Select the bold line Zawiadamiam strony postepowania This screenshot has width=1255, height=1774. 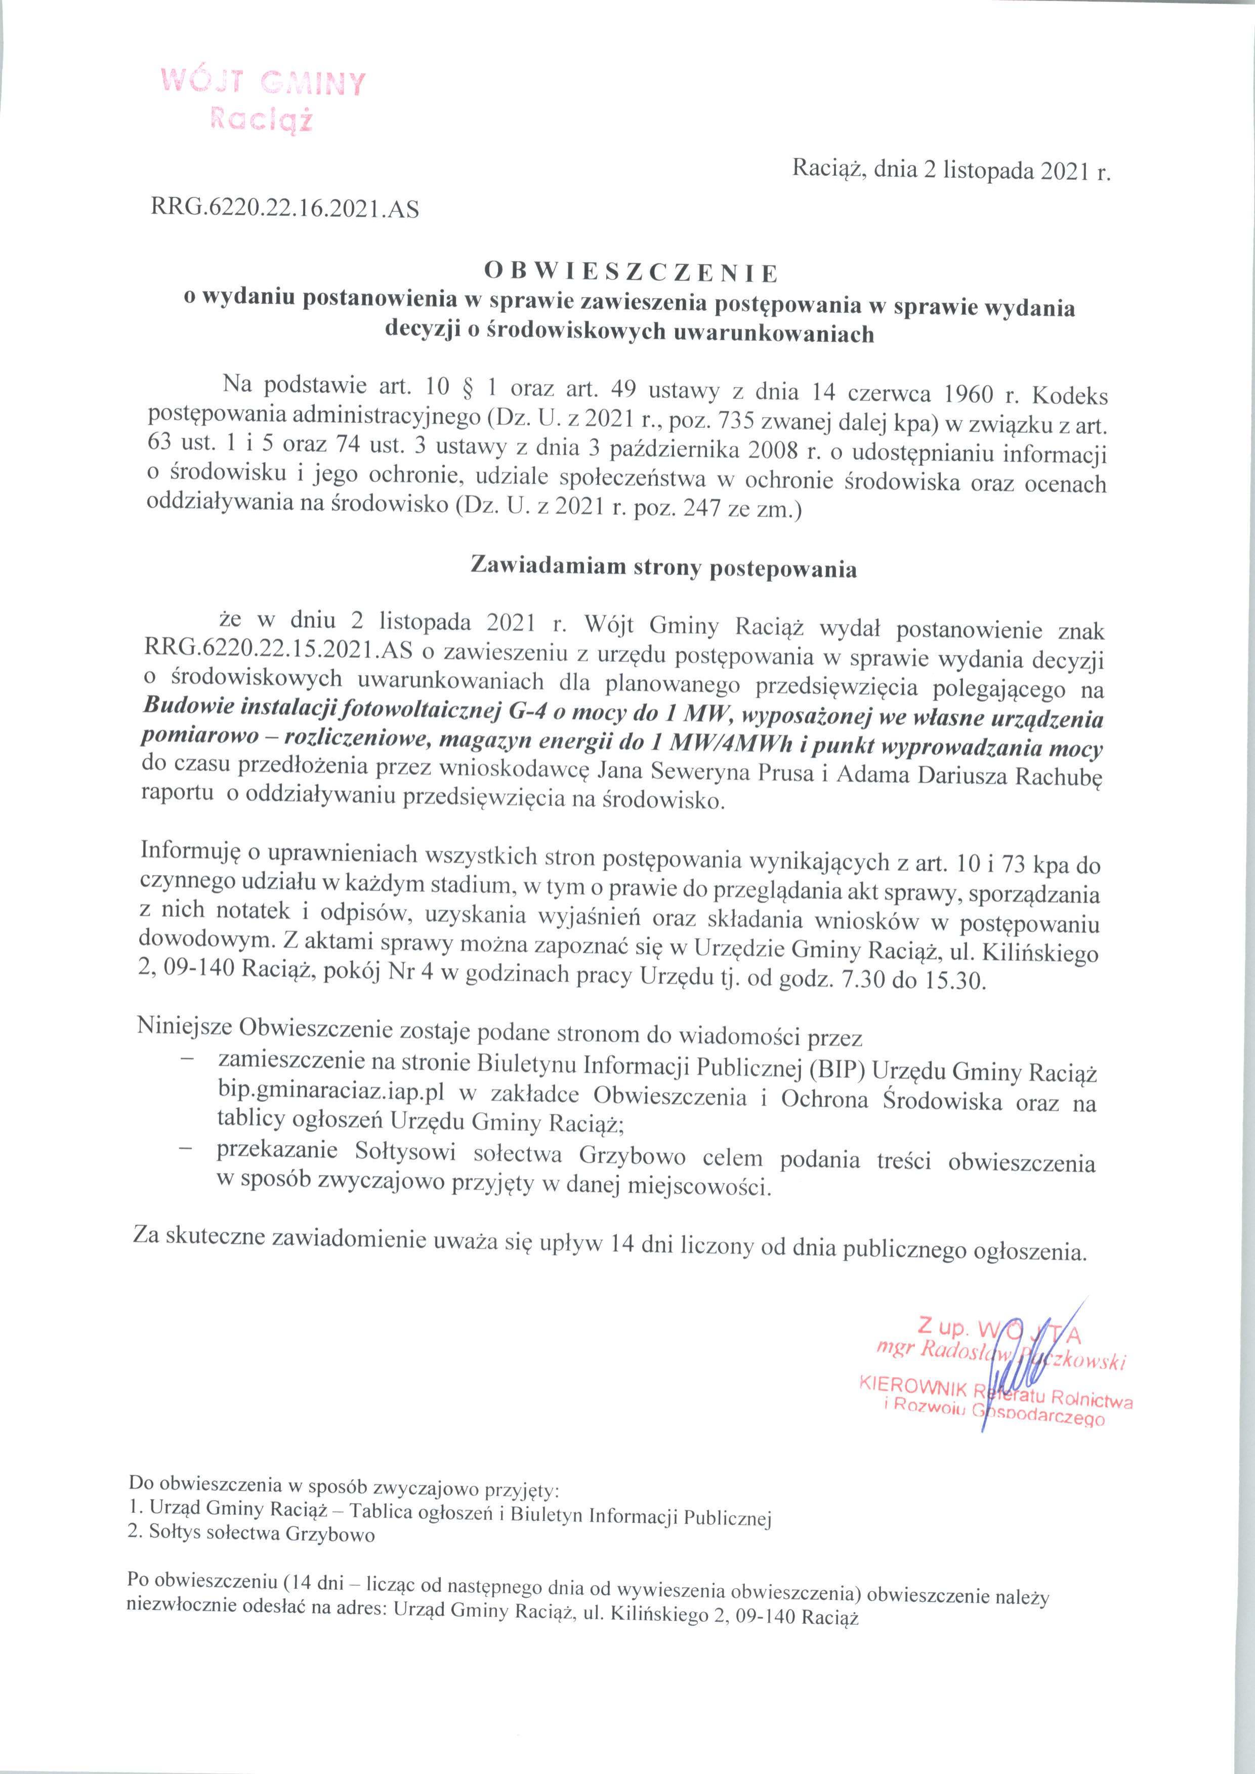tap(664, 568)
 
